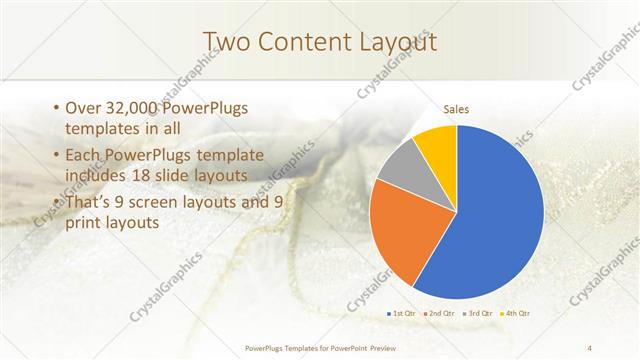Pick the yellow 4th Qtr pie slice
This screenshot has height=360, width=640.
click(x=438, y=146)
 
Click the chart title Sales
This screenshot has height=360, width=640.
click(x=456, y=110)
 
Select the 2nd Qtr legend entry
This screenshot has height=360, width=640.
click(x=440, y=313)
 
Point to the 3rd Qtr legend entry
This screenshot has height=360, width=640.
click(x=476, y=313)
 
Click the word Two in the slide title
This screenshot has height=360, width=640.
click(x=225, y=42)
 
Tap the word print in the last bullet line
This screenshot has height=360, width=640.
click(x=81, y=223)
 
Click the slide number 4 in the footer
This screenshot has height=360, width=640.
click(x=591, y=348)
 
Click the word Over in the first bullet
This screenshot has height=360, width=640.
click(x=81, y=108)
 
